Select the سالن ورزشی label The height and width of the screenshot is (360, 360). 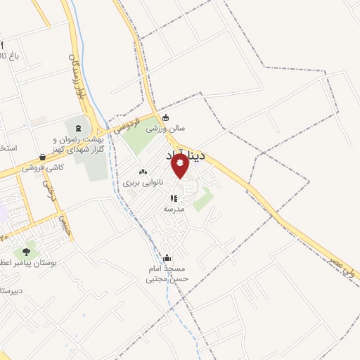[x=165, y=129]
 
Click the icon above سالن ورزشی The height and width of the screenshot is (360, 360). [x=165, y=117]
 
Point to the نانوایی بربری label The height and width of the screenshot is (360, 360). [x=143, y=182]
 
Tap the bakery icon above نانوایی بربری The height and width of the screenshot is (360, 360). [x=143, y=171]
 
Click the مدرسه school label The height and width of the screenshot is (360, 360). [x=174, y=209]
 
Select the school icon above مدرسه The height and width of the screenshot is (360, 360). [x=174, y=198]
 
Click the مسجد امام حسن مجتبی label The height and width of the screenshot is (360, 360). [x=167, y=274]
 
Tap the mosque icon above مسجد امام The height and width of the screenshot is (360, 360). [x=167, y=258]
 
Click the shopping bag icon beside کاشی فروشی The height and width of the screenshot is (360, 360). [x=43, y=157]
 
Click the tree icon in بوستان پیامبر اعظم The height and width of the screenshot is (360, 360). [x=27, y=251]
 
